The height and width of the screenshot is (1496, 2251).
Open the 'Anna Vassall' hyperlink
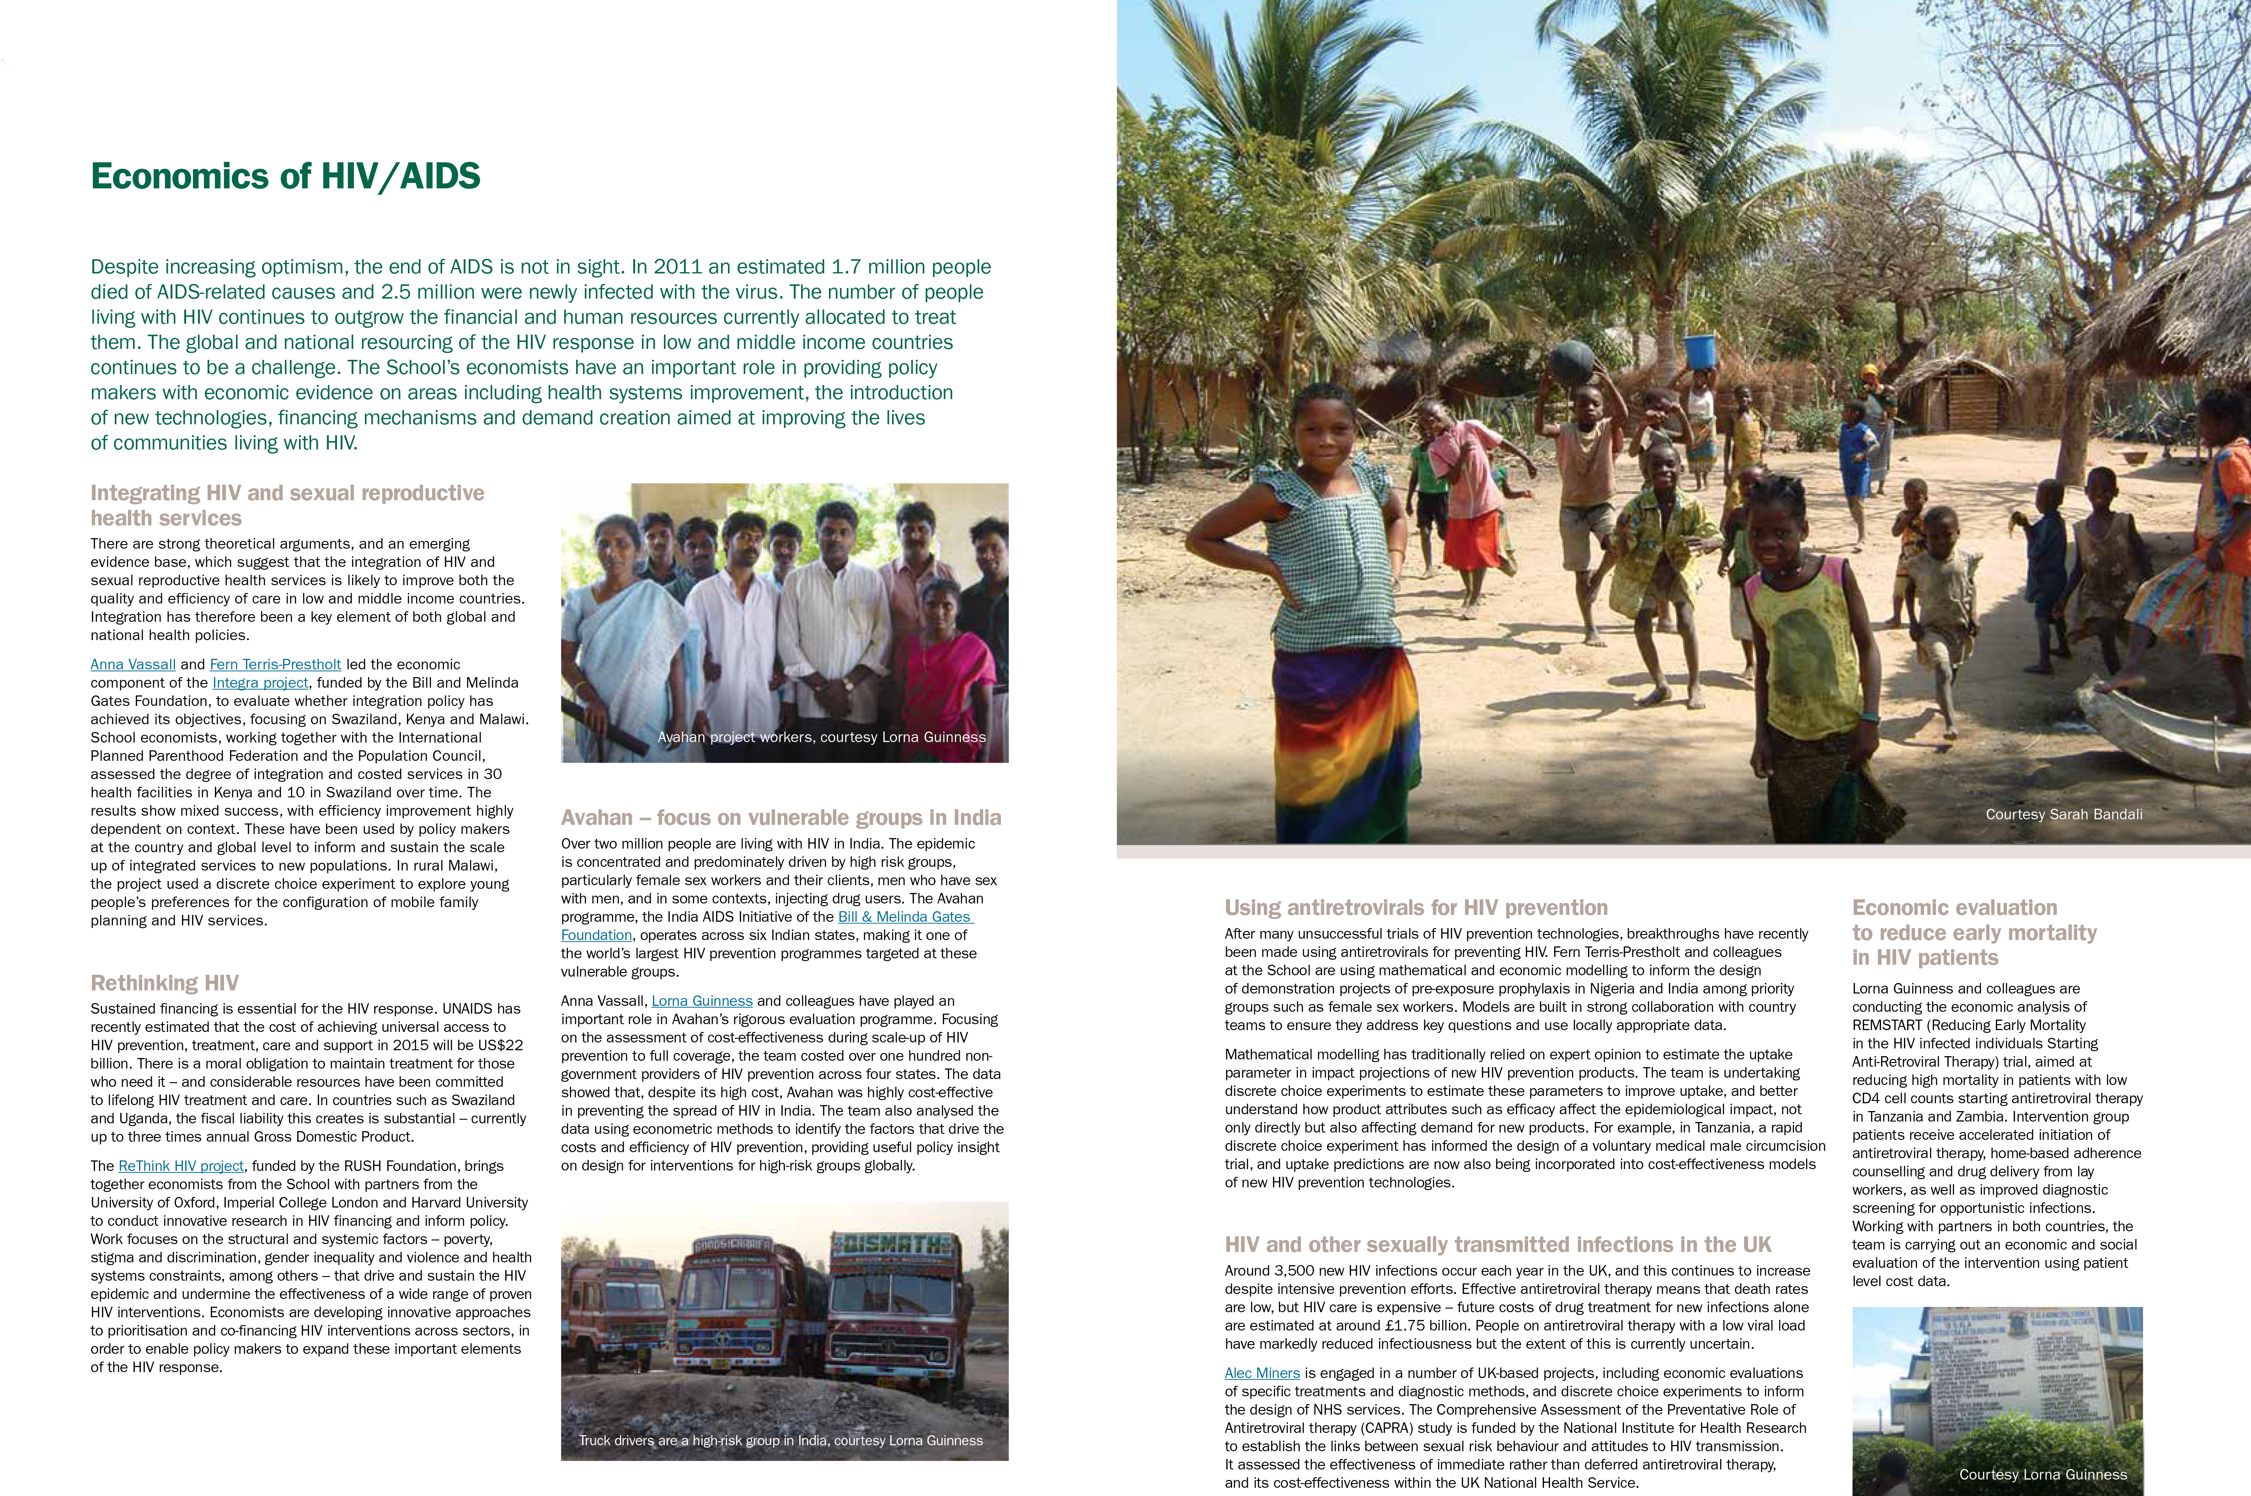point(133,664)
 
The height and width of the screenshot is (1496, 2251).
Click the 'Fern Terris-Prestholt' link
point(275,664)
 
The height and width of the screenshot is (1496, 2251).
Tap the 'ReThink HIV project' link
point(182,1166)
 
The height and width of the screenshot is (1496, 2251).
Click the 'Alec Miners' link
point(1262,1373)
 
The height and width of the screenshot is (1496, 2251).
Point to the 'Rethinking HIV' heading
point(164,983)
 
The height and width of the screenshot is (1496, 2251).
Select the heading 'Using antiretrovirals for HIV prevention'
point(1415,907)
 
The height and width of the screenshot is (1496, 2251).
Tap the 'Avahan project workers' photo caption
point(821,737)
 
